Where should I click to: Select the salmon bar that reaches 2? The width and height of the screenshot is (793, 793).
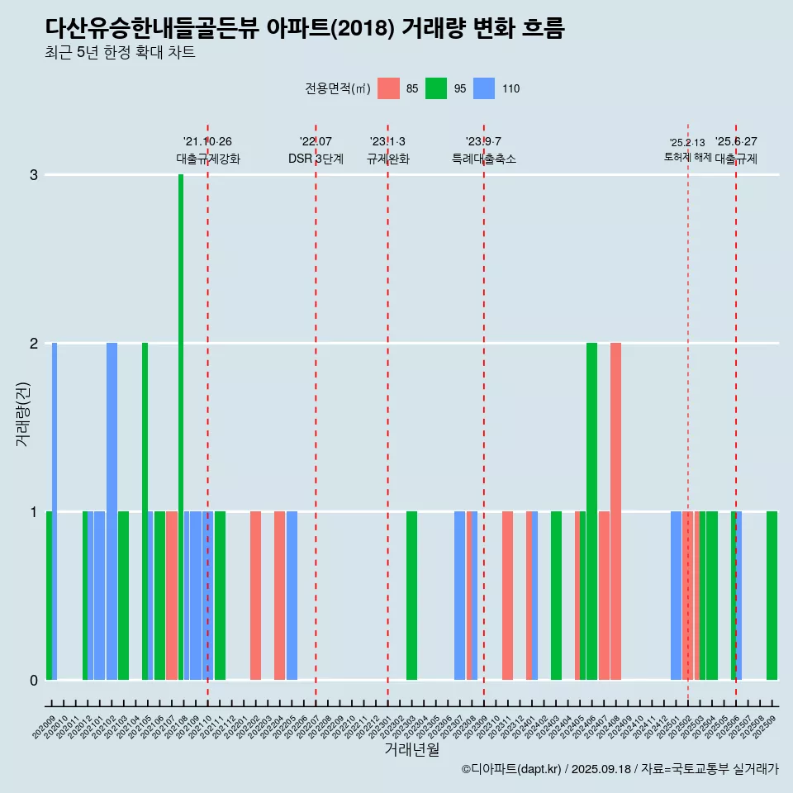(615, 510)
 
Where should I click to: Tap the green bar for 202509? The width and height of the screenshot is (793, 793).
(772, 595)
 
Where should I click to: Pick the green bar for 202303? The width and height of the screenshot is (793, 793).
(411, 595)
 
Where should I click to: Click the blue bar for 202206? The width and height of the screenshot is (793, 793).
(292, 595)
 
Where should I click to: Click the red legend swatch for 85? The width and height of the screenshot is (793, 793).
(388, 88)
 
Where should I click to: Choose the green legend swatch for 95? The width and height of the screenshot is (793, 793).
(436, 88)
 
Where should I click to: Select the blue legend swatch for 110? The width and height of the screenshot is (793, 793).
(484, 88)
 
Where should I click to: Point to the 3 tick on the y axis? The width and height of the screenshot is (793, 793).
(34, 175)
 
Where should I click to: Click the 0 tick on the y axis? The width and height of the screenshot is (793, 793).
(34, 680)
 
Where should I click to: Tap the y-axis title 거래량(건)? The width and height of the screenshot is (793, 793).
(23, 413)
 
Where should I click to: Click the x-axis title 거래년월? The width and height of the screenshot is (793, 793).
(411, 749)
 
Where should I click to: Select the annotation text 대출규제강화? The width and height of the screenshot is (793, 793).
(207, 159)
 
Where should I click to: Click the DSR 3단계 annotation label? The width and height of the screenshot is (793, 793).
(316, 159)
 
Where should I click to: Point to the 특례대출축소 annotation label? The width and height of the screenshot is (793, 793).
(483, 159)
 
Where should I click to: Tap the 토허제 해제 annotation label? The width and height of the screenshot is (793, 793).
(687, 157)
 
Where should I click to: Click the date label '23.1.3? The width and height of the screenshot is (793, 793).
(387, 141)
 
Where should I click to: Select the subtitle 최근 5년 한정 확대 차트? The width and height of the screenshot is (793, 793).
(121, 53)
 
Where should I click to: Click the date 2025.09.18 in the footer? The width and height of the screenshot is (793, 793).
(601, 769)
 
